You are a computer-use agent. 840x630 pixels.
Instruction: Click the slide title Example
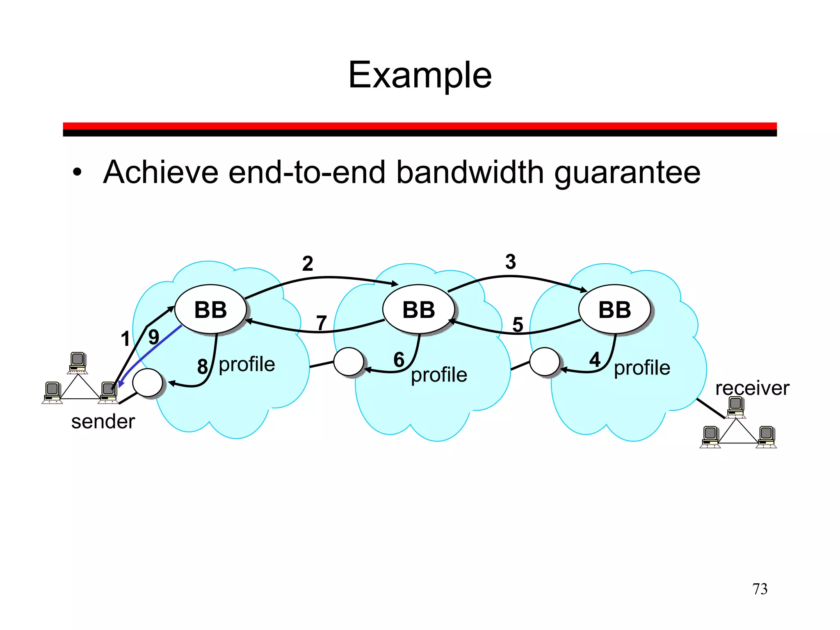tap(420, 75)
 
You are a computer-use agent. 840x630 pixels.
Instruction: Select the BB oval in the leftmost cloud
tap(210, 310)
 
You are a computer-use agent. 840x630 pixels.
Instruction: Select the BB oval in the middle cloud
tap(418, 310)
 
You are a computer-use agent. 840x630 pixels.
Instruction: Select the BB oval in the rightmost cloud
tap(614, 310)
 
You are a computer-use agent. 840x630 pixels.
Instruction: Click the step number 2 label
tap(308, 264)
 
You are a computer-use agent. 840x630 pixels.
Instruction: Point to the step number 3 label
tap(510, 262)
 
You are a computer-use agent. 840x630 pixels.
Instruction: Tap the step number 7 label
tap(322, 323)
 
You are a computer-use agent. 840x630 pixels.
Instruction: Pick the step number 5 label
tap(518, 324)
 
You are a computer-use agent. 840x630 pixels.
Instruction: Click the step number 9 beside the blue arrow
tap(154, 337)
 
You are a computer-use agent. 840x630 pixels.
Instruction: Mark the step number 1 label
tap(126, 339)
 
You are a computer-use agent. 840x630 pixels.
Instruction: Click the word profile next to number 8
tap(247, 364)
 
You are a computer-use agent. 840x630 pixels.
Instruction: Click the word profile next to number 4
tap(642, 367)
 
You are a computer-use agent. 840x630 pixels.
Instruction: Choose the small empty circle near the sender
tap(147, 382)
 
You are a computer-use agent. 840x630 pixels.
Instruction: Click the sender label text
tap(103, 422)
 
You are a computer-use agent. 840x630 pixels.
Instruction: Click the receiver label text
tap(752, 388)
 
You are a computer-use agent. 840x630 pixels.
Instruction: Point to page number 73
tap(760, 589)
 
